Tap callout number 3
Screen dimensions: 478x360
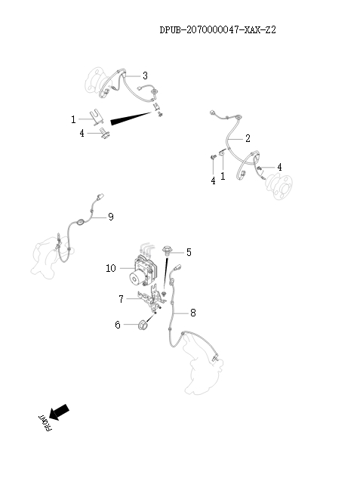(145, 75)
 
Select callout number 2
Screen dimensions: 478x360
(248, 139)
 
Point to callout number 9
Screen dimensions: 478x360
(110, 217)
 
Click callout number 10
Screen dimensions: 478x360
(111, 268)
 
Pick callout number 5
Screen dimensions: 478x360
(189, 252)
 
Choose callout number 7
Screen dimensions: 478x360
(121, 299)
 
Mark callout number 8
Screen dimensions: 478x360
(193, 311)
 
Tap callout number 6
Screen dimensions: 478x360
(118, 325)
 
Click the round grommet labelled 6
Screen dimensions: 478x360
(140, 325)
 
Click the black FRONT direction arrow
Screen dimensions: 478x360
(60, 411)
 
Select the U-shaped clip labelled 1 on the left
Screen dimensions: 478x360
(94, 117)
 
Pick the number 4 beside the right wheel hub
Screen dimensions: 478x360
(279, 167)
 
